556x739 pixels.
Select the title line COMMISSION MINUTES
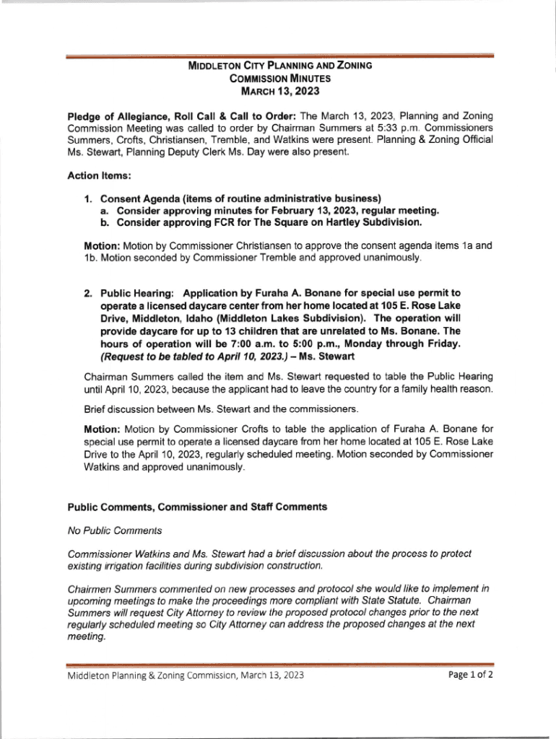tap(279, 79)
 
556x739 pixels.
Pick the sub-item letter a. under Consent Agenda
tap(105, 210)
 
